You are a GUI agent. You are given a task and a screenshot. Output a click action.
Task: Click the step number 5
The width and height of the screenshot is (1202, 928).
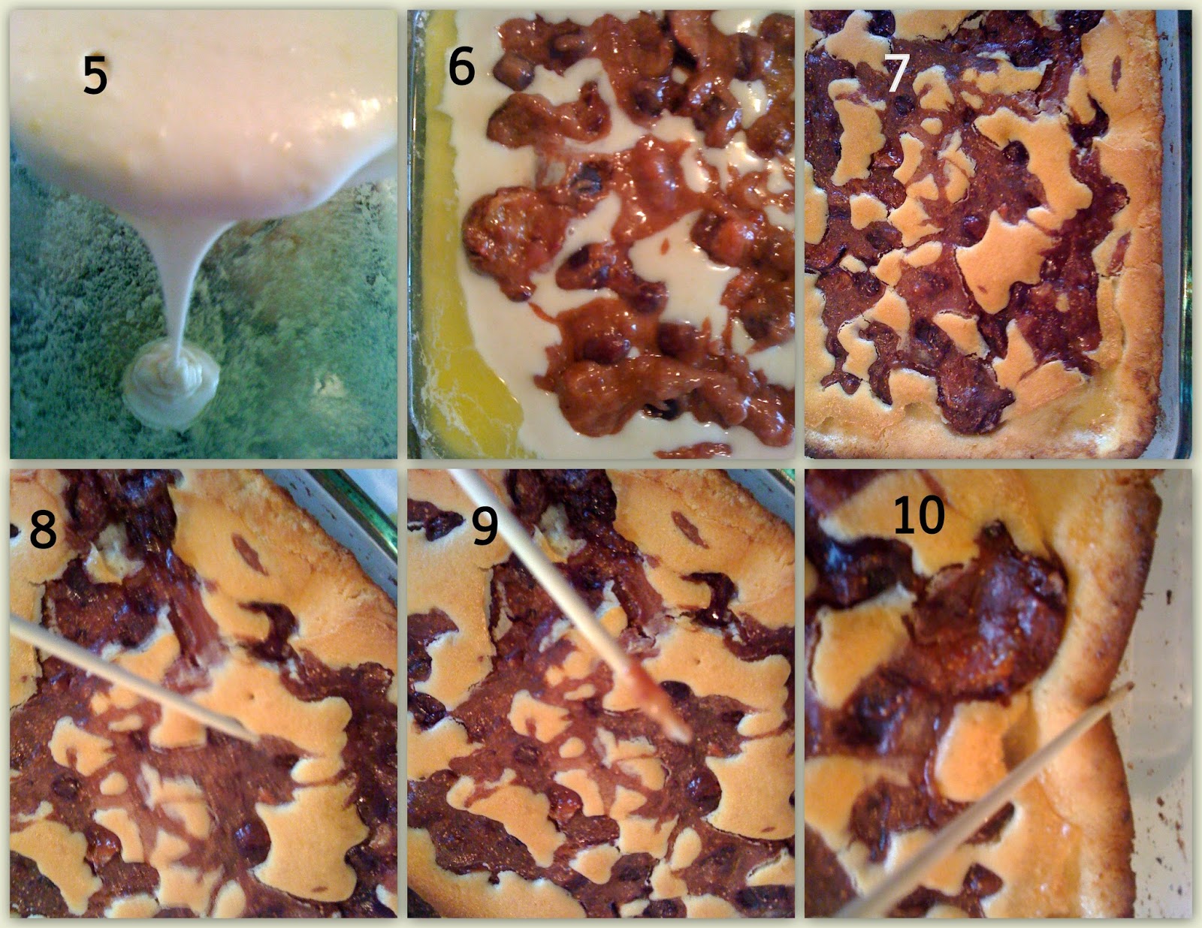pos(95,74)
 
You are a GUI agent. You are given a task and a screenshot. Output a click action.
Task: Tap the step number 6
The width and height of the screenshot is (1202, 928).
pos(461,66)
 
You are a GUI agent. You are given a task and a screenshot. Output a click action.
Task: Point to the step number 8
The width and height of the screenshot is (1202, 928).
pos(43,529)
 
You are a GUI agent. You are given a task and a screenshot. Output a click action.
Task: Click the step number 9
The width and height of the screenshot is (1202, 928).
pos(485,525)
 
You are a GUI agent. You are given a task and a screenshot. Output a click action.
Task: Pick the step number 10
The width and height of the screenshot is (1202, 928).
pos(919,514)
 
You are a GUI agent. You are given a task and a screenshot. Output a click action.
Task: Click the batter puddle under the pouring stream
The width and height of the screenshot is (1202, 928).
pos(171,382)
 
